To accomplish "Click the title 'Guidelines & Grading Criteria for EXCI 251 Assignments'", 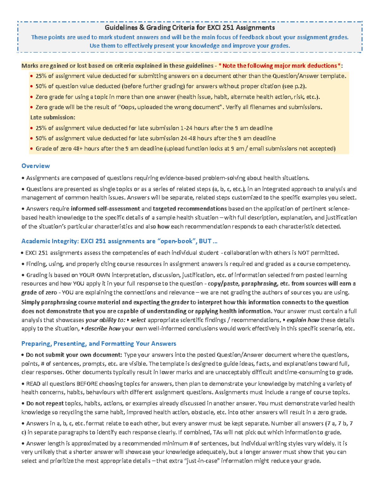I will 189,28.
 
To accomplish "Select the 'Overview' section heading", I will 35,166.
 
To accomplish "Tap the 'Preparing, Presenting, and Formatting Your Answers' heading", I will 99,344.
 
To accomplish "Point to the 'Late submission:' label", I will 53,117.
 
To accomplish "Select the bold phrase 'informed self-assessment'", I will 105,209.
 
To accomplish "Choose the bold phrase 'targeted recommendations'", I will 189,209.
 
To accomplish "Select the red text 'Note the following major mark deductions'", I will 280,66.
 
